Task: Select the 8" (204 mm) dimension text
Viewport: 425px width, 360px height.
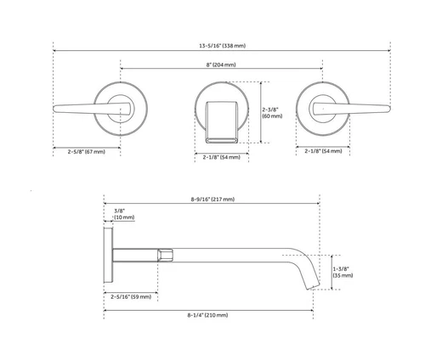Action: pos(221,64)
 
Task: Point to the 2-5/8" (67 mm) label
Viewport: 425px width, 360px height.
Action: pos(86,151)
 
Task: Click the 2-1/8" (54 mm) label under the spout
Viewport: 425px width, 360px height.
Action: pos(221,157)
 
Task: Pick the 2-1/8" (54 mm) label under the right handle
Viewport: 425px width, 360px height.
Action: pos(323,151)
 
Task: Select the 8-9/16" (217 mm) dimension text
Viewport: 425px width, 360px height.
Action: pos(212,200)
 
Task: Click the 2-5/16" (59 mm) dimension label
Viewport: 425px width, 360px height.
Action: pos(131,296)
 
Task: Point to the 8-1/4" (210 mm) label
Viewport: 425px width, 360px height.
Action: pos(208,315)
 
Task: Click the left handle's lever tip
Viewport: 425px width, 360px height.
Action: pos(58,108)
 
